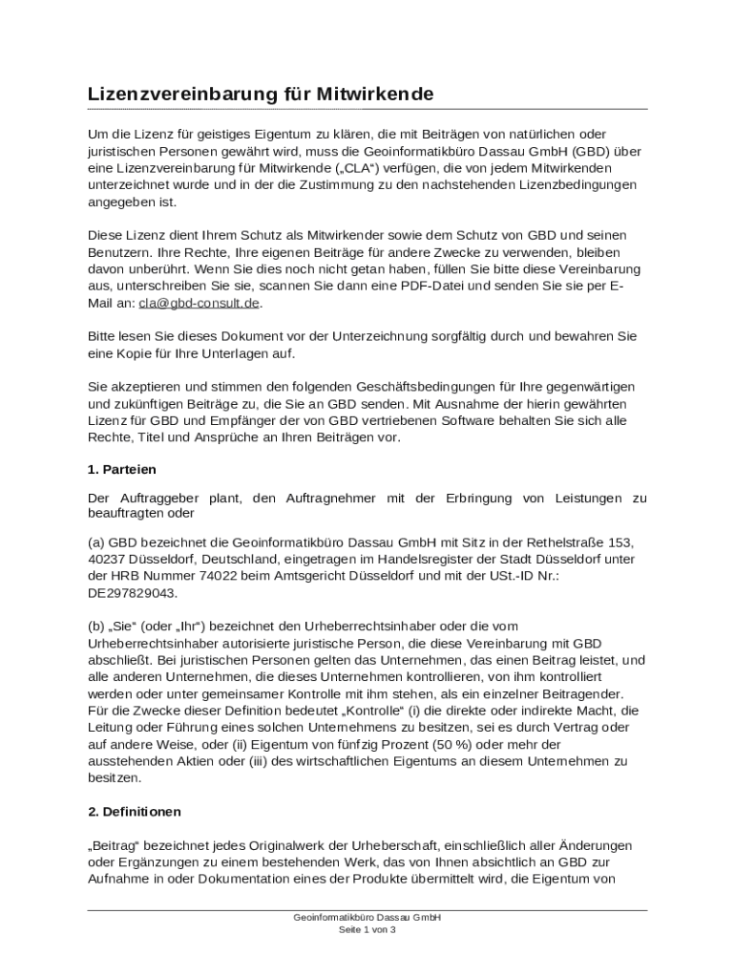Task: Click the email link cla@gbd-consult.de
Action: click(x=199, y=304)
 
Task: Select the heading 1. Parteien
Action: click(x=121, y=470)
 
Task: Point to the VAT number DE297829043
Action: click(x=132, y=593)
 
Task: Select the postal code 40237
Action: click(x=106, y=559)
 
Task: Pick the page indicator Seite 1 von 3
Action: click(x=367, y=929)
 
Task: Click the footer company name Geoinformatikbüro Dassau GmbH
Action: click(x=367, y=917)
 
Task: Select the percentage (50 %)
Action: click(x=400, y=744)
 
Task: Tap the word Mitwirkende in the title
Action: click(x=374, y=95)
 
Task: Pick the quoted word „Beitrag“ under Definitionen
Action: click(x=115, y=845)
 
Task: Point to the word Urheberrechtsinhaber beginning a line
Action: click(x=160, y=643)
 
